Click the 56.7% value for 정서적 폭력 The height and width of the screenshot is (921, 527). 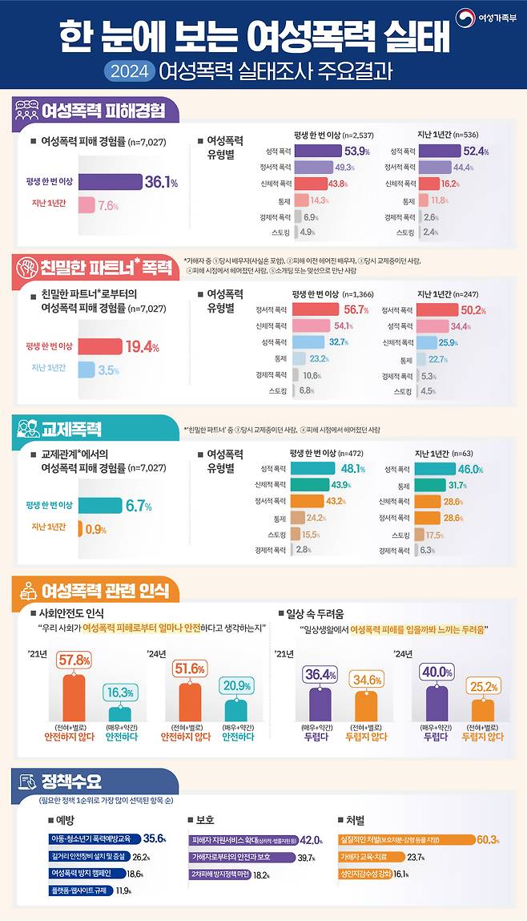(x=355, y=309)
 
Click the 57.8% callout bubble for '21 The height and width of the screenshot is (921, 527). (x=73, y=660)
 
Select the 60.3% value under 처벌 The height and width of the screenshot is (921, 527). (x=488, y=840)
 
